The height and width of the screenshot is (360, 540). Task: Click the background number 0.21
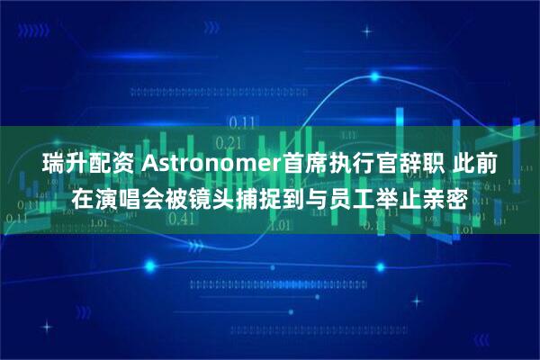pyautogui.click(x=230, y=142)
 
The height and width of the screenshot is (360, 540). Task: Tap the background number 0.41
pyautogui.click(x=182, y=218)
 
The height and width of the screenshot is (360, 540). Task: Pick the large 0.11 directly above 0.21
pyautogui.click(x=241, y=121)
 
